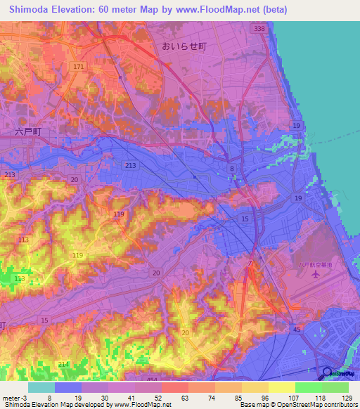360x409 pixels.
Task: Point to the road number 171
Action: pyautogui.click(x=77, y=66)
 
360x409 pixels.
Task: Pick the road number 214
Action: pyautogui.click(x=63, y=364)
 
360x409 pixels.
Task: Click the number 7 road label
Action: pyautogui.click(x=250, y=264)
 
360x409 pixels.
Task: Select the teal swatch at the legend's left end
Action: pyautogui.click(x=41, y=387)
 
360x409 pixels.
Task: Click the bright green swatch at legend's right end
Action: pyautogui.click(x=335, y=387)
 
